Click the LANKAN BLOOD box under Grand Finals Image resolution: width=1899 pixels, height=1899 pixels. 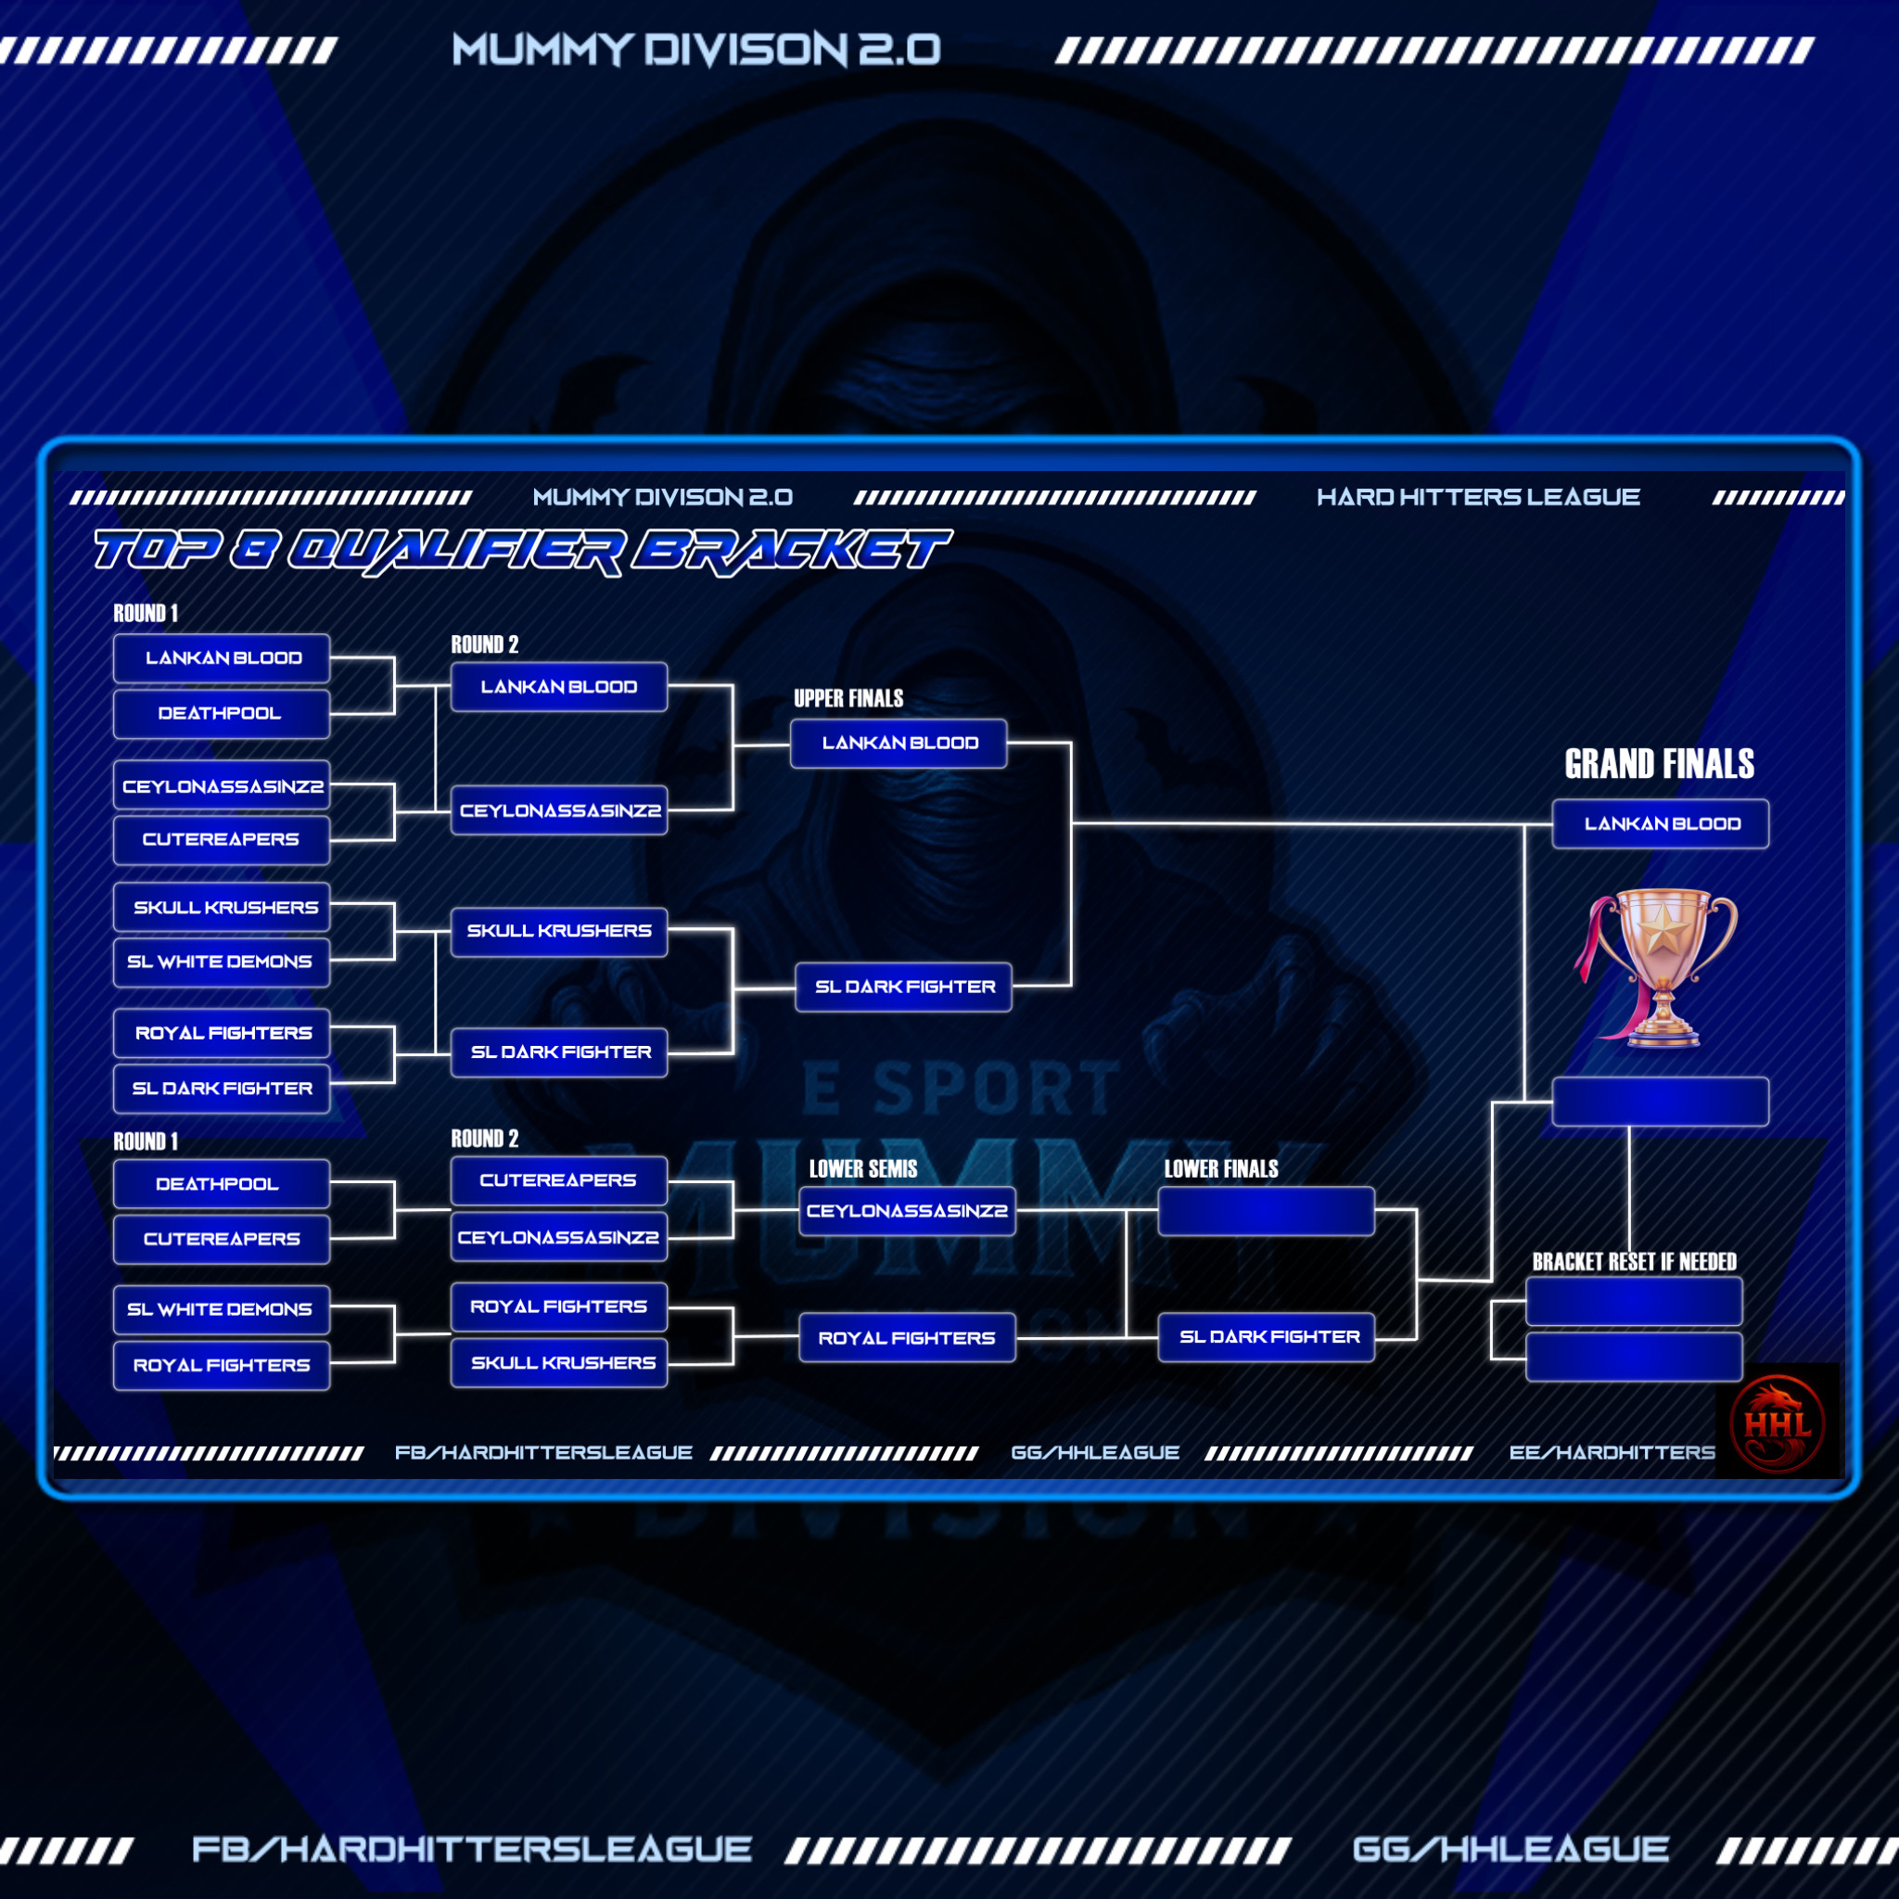pos(1660,823)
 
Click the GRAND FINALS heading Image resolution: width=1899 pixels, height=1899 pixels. pos(1659,764)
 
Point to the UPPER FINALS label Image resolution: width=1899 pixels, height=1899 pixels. pos(848,699)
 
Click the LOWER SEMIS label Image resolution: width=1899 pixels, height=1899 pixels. pos(863,1168)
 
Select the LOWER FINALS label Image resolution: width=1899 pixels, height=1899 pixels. pos(1221,1168)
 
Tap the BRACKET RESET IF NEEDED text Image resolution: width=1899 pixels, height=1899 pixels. pos(1634,1261)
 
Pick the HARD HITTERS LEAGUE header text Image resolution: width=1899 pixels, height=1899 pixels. pos(1478,497)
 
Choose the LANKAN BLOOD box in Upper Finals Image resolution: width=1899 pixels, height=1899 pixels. pos(899,743)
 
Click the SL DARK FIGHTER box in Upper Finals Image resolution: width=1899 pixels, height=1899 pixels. pos(903,987)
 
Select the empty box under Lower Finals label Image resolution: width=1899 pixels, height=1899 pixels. pos(1266,1211)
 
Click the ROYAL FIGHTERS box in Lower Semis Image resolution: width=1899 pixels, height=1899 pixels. pos(906,1338)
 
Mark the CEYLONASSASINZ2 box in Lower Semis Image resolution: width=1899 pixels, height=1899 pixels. pos(906,1211)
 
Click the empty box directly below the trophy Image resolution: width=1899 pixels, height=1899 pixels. pos(1660,1102)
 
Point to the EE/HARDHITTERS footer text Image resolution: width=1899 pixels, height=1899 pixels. pos(1612,1453)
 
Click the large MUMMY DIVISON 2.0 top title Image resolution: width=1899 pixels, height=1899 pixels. pos(696,49)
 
